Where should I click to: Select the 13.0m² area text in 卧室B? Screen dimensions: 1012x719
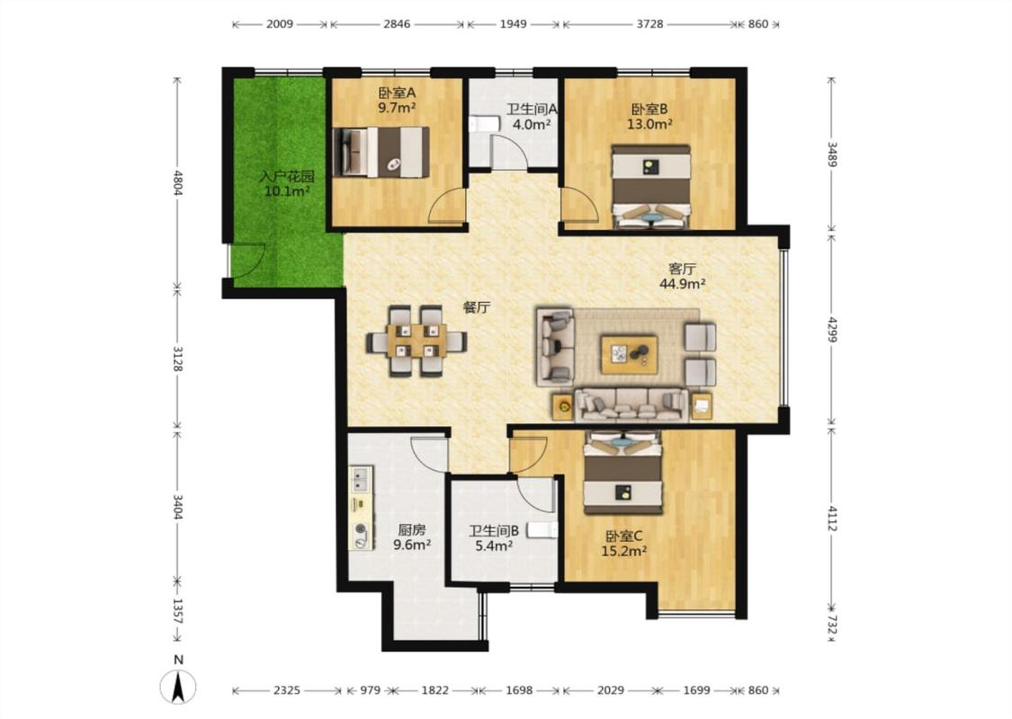coord(649,124)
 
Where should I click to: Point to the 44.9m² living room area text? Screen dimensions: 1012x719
coord(682,282)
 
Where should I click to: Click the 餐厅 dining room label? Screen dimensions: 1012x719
coord(476,307)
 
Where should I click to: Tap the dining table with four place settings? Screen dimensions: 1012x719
coord(416,342)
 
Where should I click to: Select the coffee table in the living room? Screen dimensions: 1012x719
coord(629,354)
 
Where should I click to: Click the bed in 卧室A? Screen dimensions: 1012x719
coord(381,152)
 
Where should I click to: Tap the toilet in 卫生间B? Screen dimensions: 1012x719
coord(542,530)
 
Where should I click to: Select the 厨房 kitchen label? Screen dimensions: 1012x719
coord(412,530)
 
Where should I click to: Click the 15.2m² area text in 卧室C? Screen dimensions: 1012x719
coord(624,551)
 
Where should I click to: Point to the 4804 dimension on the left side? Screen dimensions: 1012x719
coord(178,182)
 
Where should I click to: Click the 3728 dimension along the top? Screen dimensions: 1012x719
coord(649,24)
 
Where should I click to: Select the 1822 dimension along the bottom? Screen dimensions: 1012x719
coord(435,690)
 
